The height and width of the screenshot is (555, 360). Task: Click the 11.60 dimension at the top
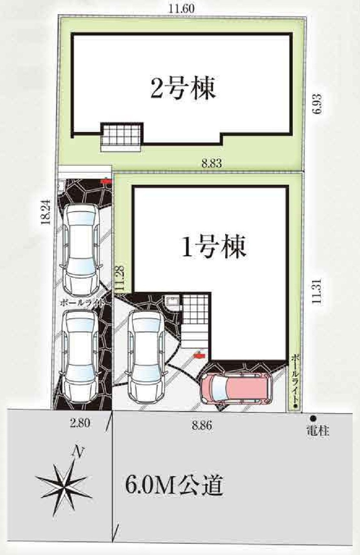182,9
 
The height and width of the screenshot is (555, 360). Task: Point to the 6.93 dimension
318,103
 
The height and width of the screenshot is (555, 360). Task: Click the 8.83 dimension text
211,163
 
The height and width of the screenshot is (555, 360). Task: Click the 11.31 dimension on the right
317,291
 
